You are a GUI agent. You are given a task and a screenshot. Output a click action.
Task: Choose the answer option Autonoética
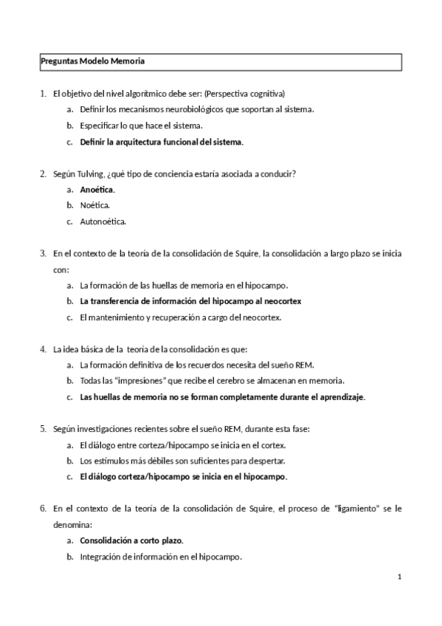pyautogui.click(x=103, y=221)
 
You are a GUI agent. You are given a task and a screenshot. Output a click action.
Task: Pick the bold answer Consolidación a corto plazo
pyautogui.click(x=131, y=540)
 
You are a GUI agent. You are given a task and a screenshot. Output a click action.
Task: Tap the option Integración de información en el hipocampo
pyautogui.click(x=161, y=557)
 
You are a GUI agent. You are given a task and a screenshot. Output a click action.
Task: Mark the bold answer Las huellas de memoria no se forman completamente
pyautogui.click(x=222, y=396)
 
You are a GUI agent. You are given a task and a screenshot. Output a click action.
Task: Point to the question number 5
pyautogui.click(x=43, y=428)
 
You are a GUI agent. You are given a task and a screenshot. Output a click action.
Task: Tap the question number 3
pyautogui.click(x=43, y=253)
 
